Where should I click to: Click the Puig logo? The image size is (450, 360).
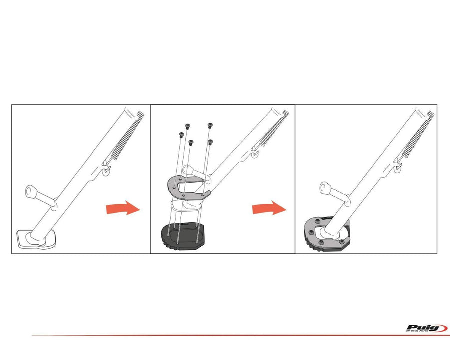(x=427, y=328)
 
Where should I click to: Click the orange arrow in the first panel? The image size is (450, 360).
(x=123, y=208)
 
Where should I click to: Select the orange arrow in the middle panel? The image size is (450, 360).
(x=269, y=208)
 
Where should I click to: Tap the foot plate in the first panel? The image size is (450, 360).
(x=36, y=239)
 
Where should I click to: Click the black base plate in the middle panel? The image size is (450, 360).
(x=183, y=235)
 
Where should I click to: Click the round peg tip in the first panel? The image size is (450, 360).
(x=30, y=190)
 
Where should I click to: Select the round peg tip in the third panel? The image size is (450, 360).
(x=324, y=187)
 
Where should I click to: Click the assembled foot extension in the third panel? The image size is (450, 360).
(x=327, y=235)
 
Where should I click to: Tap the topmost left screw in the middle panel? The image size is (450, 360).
(x=188, y=125)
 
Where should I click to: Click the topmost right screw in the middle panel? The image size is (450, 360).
(x=210, y=125)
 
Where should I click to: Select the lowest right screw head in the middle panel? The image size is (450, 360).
(x=210, y=142)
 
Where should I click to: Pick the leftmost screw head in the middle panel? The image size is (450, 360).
(x=181, y=134)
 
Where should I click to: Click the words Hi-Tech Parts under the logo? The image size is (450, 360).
(x=418, y=331)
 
